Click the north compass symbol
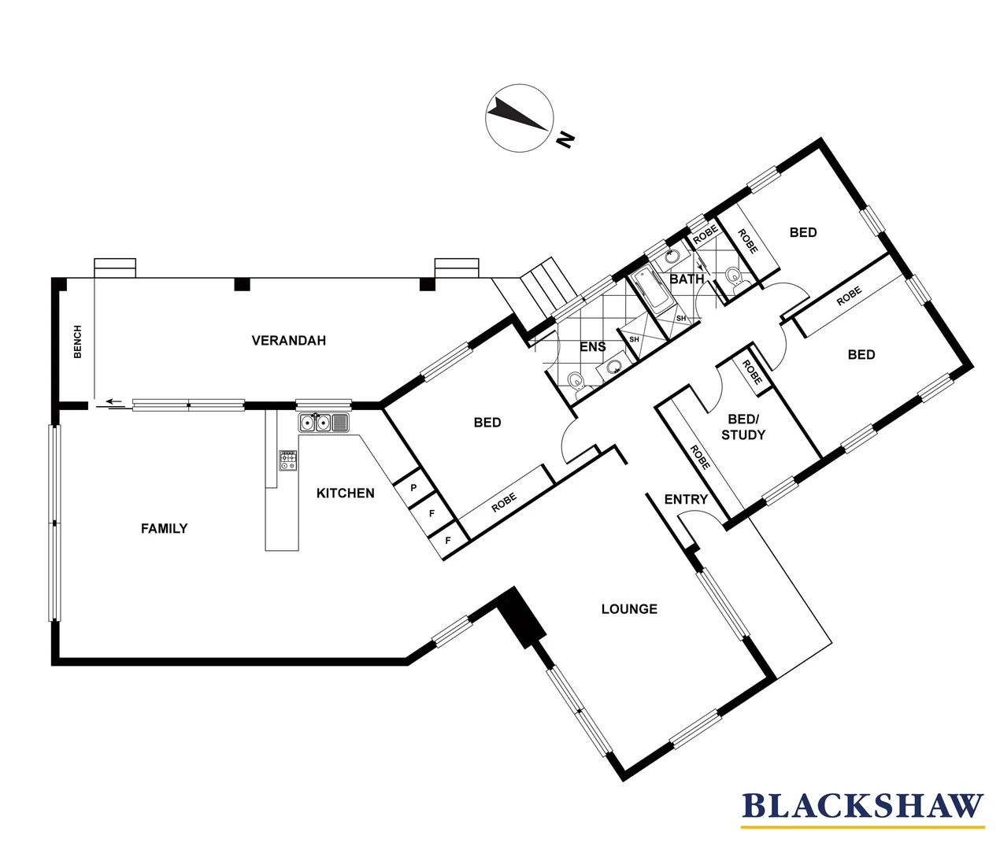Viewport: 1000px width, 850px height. [517, 116]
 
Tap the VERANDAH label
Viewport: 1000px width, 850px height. [288, 341]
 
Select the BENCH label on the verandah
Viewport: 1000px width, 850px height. [77, 342]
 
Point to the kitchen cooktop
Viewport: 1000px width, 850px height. [287, 460]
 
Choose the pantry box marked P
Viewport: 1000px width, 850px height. [413, 488]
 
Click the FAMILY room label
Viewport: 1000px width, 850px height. [164, 529]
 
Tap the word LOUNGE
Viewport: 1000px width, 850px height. [628, 609]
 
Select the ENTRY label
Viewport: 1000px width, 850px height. [685, 500]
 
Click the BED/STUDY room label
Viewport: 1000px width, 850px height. [743, 427]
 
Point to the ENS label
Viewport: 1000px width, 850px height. [592, 347]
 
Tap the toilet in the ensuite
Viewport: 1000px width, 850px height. [577, 382]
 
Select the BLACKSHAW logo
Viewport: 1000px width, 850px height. [862, 807]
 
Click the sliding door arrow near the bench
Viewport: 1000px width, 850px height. [115, 402]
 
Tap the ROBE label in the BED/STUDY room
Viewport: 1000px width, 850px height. [700, 457]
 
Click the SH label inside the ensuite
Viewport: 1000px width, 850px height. [634, 339]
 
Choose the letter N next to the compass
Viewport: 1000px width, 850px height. [565, 140]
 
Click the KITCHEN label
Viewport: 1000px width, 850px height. [345, 493]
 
